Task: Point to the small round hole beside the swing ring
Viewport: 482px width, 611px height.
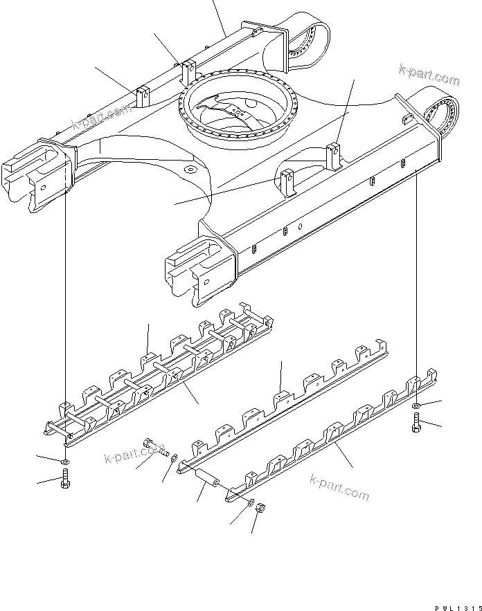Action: point(190,169)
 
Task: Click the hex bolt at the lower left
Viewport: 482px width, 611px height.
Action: point(64,478)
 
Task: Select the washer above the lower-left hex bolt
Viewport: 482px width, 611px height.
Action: point(64,461)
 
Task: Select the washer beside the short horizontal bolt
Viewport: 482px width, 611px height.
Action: point(172,456)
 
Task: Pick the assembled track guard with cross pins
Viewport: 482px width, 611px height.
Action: point(159,377)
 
